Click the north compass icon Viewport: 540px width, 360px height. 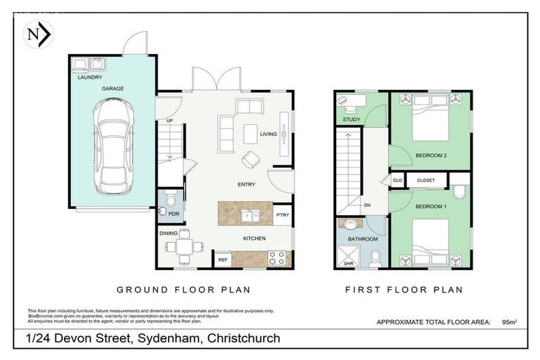tap(36, 34)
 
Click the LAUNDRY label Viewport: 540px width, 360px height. tap(90, 78)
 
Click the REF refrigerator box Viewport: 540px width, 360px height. tap(222, 259)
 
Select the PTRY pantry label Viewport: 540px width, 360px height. tap(282, 216)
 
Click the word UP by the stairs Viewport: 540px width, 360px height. tap(169, 120)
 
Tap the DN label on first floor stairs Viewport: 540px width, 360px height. tap(366, 205)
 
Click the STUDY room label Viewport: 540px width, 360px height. tap(352, 120)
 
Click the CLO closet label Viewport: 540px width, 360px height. tap(397, 181)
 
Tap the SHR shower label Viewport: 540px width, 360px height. tap(348, 263)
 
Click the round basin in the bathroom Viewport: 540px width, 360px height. tap(349, 226)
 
